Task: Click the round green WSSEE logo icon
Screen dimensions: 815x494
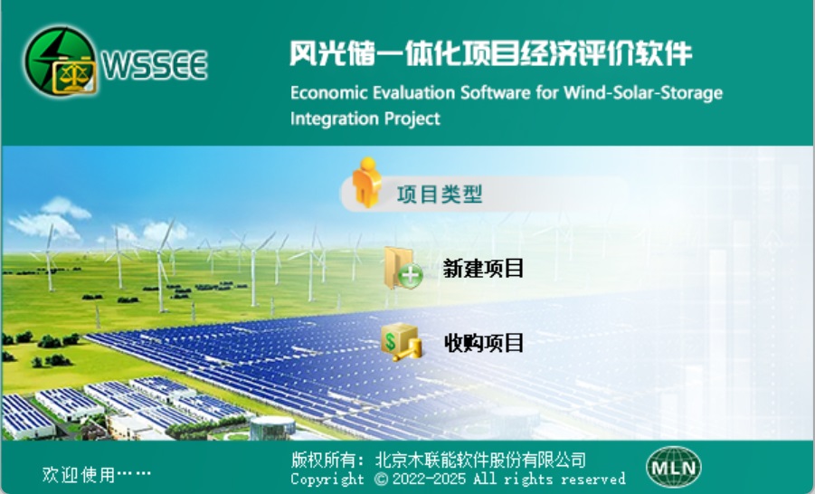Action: (x=61, y=61)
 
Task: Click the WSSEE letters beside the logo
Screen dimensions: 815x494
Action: (x=155, y=65)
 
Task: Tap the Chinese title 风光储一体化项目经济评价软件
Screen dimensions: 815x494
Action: (x=490, y=53)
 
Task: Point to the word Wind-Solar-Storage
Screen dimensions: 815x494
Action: (x=643, y=92)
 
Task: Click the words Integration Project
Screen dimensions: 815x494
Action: (x=365, y=119)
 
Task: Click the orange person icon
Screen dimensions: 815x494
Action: (x=366, y=182)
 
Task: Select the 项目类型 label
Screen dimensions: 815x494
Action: (x=440, y=195)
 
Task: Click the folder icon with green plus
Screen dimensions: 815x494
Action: (x=403, y=269)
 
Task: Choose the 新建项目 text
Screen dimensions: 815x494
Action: (x=483, y=269)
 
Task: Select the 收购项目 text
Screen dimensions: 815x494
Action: (x=483, y=343)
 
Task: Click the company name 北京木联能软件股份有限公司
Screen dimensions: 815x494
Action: (x=481, y=460)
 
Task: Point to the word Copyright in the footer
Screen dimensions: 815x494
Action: (x=327, y=479)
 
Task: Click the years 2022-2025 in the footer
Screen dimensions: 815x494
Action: (x=429, y=479)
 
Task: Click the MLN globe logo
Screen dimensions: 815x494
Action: (x=674, y=467)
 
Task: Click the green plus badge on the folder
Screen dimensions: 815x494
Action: (x=411, y=276)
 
